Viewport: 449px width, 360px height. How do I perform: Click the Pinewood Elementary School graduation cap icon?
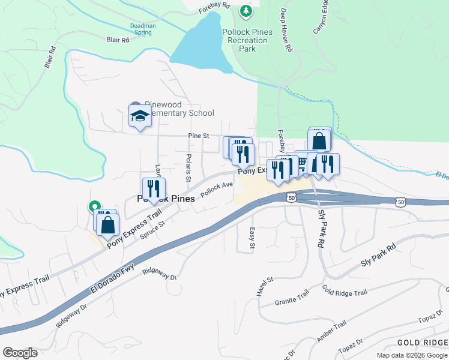[139, 115]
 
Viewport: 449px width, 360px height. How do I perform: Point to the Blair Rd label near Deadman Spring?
[118, 40]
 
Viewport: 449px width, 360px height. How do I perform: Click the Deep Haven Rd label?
[286, 30]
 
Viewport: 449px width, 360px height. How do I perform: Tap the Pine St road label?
[198, 136]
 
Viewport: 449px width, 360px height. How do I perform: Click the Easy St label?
[253, 238]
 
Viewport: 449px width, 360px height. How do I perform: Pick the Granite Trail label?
[292, 299]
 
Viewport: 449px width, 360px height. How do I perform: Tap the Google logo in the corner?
[20, 353]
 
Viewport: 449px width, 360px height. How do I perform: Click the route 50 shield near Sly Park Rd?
[291, 197]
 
